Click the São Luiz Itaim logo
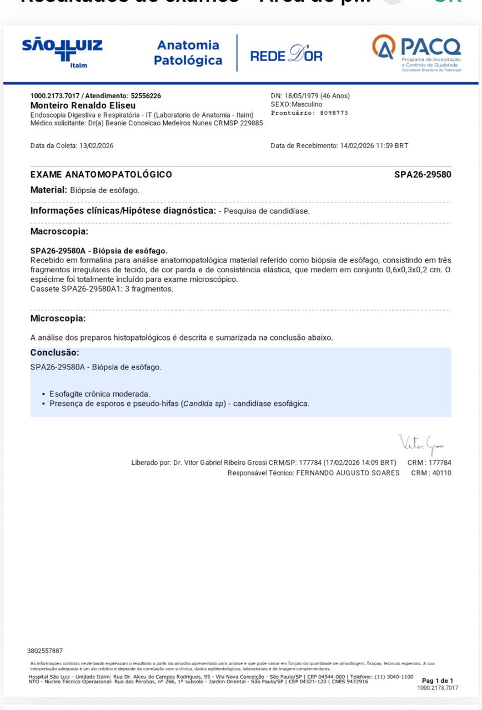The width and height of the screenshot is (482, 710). (x=62, y=52)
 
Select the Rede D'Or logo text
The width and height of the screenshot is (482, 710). (x=286, y=55)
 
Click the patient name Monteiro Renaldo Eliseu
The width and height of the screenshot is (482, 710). (x=83, y=105)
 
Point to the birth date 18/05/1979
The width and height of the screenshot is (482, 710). (x=304, y=96)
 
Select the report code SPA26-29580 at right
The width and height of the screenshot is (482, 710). (x=423, y=175)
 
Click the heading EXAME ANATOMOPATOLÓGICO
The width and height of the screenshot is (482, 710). (x=101, y=175)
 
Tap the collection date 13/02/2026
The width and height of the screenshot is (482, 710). (x=97, y=146)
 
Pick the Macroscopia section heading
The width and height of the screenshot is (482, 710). (x=59, y=231)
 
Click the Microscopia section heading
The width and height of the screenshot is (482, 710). (x=58, y=318)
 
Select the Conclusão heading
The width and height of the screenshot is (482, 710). (x=54, y=353)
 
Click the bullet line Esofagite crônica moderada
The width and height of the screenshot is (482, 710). (x=99, y=394)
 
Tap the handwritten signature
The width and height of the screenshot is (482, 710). (x=421, y=444)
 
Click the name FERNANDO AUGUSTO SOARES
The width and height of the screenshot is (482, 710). (x=348, y=473)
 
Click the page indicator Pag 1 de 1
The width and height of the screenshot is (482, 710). (x=438, y=681)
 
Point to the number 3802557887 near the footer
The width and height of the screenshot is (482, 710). (x=45, y=651)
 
